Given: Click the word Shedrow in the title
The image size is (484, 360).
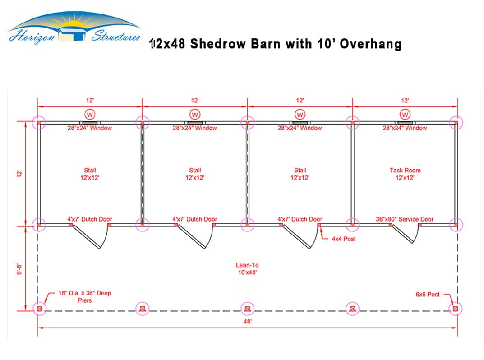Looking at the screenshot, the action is coord(218,44).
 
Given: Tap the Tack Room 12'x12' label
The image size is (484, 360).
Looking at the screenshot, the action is coord(405,174).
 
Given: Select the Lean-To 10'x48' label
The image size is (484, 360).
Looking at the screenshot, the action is coord(247,268).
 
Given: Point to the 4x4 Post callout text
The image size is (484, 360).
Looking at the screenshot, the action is coord(344,239).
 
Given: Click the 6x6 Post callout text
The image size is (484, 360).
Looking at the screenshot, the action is coord(428,294).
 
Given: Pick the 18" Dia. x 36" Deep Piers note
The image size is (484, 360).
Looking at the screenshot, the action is coord(85,297).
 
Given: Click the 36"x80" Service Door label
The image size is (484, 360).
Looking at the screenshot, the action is coord(405,219).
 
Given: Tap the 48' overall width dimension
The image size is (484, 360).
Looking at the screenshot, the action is coord(248,321).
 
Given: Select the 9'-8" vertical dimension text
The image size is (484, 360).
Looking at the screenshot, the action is coord(19,268).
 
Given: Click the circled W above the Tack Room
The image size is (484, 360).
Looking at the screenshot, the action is coord(405,115).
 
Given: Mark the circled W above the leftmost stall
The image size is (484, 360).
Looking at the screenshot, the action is coord(90,115).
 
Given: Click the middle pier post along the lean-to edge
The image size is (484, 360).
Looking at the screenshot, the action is coord(248,309).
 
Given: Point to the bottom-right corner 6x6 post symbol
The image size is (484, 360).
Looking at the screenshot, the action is coord(456,309).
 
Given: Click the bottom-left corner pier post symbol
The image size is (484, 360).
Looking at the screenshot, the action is coord(40,309).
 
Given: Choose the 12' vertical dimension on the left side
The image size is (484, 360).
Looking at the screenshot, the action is coord(19,174).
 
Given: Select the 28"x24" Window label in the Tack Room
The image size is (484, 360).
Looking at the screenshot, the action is coord(405,128).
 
